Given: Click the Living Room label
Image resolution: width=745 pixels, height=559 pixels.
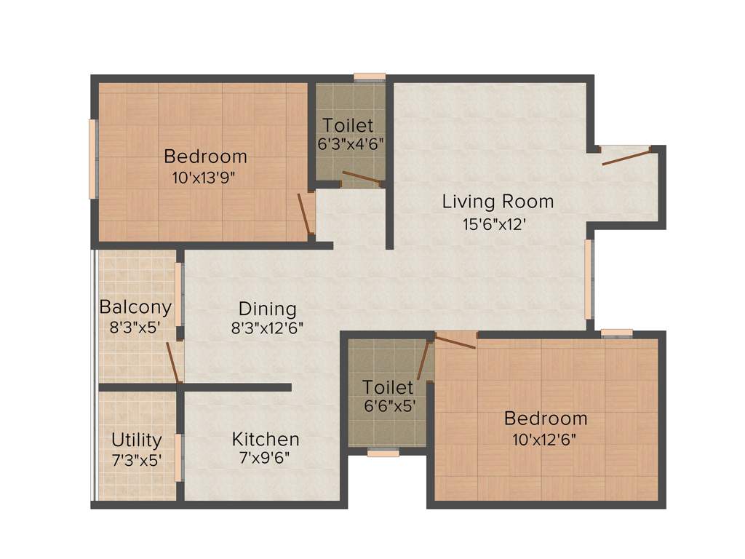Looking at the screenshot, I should [498, 201].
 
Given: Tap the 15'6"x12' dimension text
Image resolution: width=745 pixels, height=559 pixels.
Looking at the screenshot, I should [495, 225].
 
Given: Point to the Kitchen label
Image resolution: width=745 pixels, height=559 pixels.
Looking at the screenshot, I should [266, 439].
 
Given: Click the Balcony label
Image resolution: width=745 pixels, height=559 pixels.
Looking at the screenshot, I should [135, 306].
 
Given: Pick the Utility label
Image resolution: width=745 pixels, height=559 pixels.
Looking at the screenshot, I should [136, 440].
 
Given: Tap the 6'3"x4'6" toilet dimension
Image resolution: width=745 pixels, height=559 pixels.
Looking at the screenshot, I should [350, 144].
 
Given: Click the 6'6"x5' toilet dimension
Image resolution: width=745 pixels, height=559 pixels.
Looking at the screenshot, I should [389, 407].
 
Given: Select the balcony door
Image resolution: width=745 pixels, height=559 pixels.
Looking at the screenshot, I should [172, 362].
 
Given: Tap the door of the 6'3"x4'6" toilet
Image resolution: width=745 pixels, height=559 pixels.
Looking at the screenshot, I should [361, 177].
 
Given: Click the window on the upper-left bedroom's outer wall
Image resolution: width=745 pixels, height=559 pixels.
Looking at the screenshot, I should [92, 159].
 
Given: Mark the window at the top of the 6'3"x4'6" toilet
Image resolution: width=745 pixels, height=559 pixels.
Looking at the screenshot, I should [370, 76].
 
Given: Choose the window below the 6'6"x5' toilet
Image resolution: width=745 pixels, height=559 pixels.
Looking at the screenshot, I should [383, 453].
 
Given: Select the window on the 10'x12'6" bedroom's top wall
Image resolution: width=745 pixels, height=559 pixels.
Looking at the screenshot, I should [617, 333].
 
